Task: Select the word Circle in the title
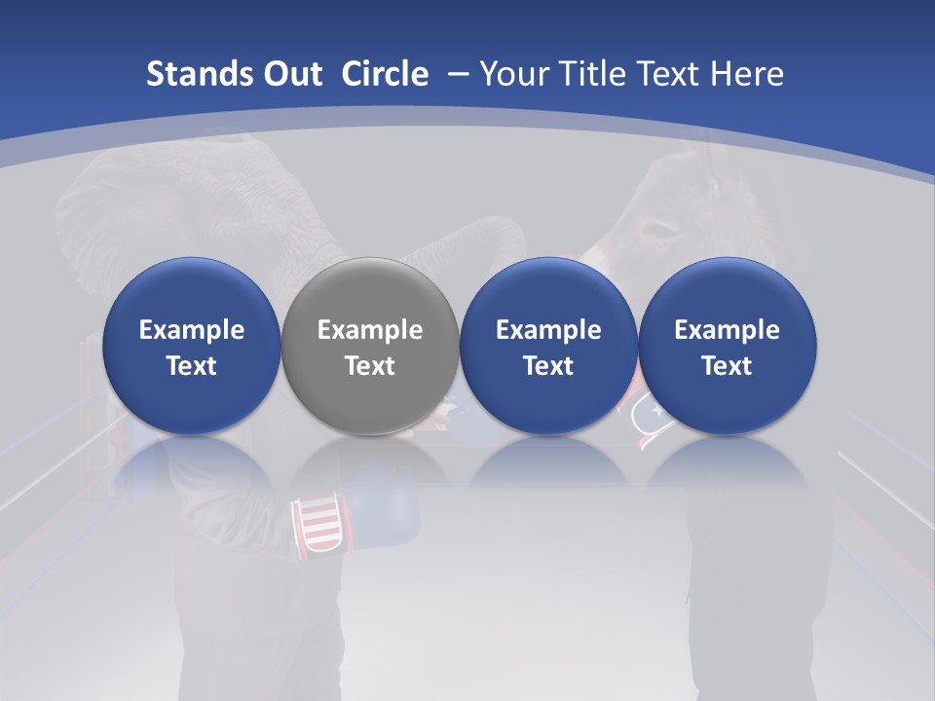click(385, 74)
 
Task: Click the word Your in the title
click(508, 74)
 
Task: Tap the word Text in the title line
click(664, 74)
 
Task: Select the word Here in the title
click(747, 74)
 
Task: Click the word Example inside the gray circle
click(370, 330)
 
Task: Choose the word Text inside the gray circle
click(370, 366)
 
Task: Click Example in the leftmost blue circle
click(192, 330)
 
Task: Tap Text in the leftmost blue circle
click(192, 366)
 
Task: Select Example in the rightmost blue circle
click(727, 330)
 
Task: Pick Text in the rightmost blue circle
click(727, 366)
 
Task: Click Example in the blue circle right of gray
click(548, 330)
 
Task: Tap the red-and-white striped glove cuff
click(318, 525)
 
